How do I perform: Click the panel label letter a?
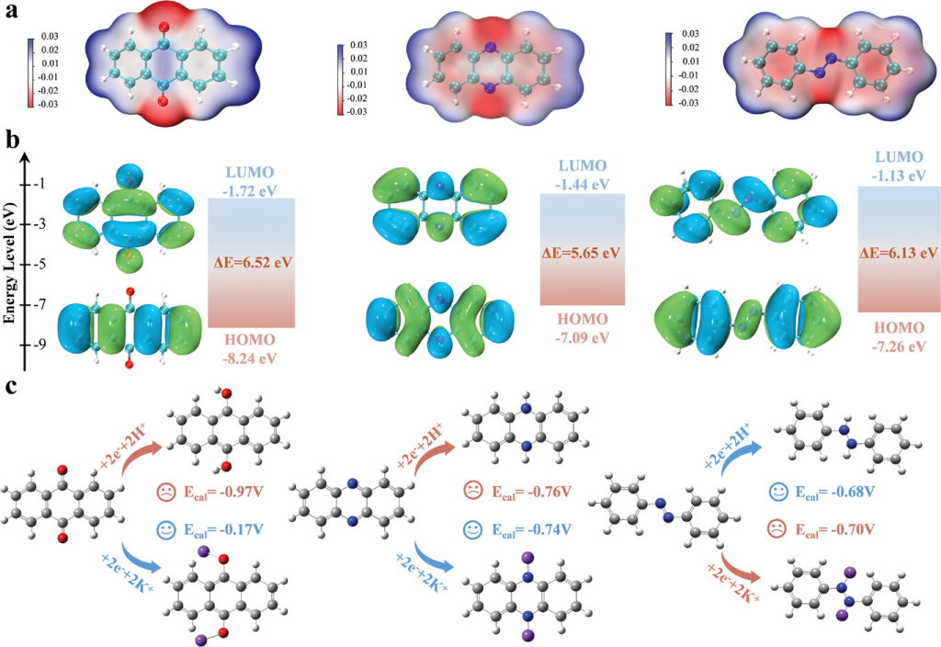click(x=13, y=17)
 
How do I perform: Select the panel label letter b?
click(x=13, y=140)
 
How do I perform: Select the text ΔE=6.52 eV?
click(x=251, y=263)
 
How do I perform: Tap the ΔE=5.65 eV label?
click(x=582, y=251)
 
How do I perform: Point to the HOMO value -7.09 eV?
click(x=582, y=336)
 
